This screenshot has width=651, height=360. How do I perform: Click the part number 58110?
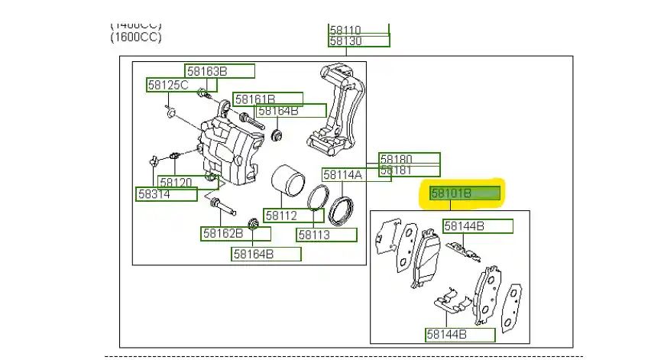[345, 31]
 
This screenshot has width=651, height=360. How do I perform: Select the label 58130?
[345, 41]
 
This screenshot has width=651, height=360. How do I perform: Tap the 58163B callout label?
[207, 72]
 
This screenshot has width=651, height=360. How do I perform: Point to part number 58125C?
[168, 85]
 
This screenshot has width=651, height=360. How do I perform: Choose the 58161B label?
[255, 99]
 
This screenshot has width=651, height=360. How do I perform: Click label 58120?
[176, 182]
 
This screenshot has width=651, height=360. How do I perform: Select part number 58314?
[154, 195]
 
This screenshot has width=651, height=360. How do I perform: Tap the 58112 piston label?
[281, 216]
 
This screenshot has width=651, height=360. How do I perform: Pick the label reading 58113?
[314, 235]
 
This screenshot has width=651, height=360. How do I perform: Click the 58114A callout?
[342, 174]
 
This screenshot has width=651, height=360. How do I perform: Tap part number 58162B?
[222, 233]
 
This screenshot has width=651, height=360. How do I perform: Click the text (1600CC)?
[136, 37]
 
